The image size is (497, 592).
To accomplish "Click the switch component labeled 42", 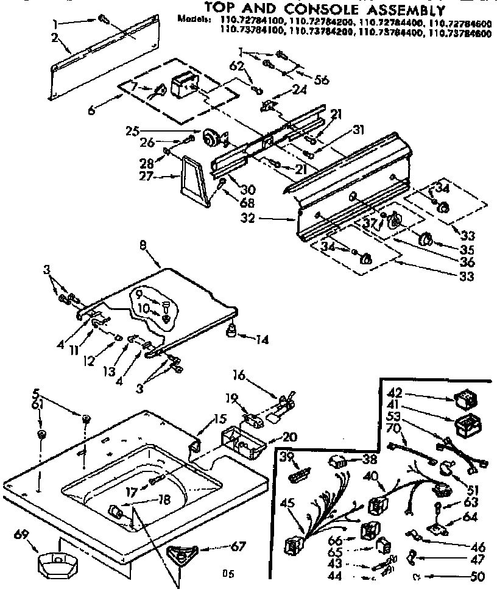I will coord(464,399).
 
